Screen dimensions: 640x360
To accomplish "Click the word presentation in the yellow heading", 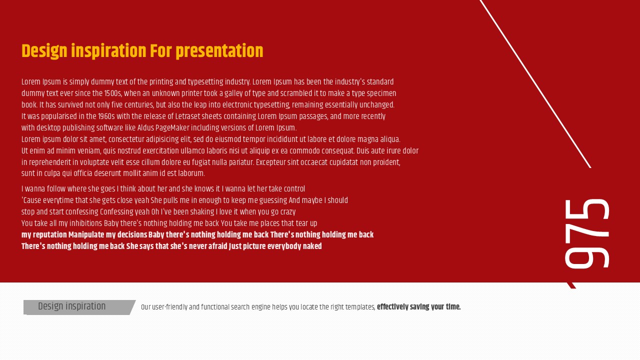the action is [x=219, y=51].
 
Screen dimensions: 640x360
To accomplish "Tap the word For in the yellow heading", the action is [x=161, y=51].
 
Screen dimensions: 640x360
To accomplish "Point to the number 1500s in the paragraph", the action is [x=113, y=93].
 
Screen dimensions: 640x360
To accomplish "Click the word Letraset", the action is [x=187, y=116].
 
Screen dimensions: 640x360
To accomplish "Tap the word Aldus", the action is [x=145, y=127].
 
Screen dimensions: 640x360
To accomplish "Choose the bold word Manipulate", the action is [x=86, y=235].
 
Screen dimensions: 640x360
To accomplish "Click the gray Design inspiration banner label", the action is [x=71, y=306].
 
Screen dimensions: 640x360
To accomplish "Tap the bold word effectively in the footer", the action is [x=392, y=307].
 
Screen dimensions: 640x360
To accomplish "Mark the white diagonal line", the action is [x=535, y=84].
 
